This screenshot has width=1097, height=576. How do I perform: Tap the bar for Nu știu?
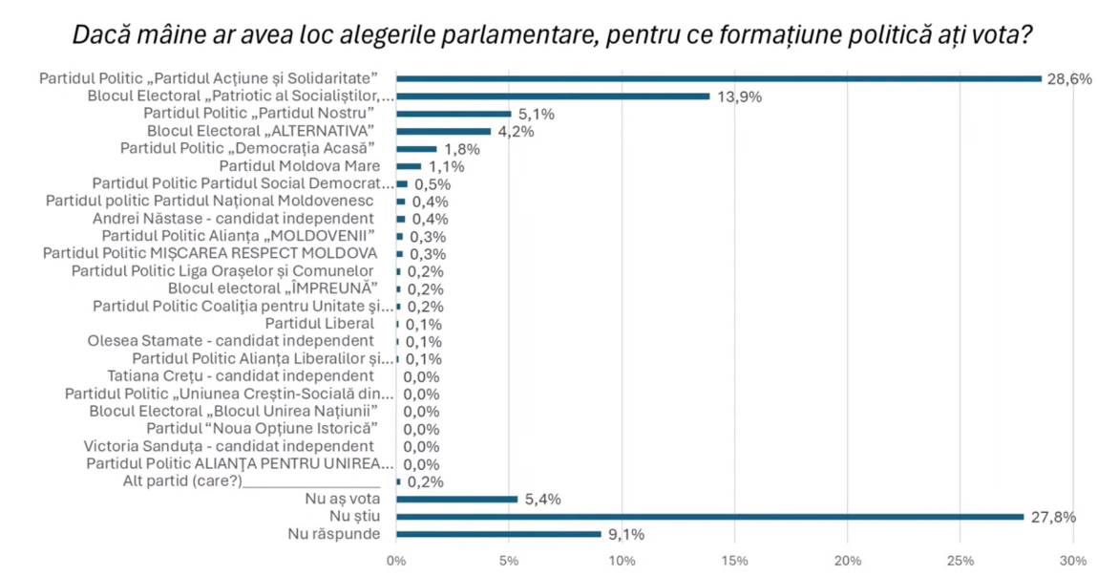click(x=709, y=517)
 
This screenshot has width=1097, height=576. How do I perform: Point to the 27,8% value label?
click(x=1055, y=517)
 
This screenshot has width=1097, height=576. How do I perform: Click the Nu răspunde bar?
click(x=498, y=534)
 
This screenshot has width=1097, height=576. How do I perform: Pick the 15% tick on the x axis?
click(x=735, y=560)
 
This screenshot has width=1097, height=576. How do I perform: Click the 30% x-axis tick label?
click(x=1074, y=560)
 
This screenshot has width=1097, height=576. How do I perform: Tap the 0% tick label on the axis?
click(x=396, y=560)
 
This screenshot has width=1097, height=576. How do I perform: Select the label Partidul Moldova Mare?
click(x=300, y=166)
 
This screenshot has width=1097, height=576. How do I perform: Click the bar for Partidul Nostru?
click(x=454, y=114)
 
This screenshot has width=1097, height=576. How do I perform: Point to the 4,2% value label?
click(x=514, y=132)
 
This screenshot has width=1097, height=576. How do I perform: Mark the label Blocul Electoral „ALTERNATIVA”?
click(x=260, y=131)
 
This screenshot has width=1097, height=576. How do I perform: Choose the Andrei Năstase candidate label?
click(x=253, y=219)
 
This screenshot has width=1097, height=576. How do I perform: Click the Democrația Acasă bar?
click(x=416, y=149)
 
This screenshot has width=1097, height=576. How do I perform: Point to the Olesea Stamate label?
click(x=230, y=341)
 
